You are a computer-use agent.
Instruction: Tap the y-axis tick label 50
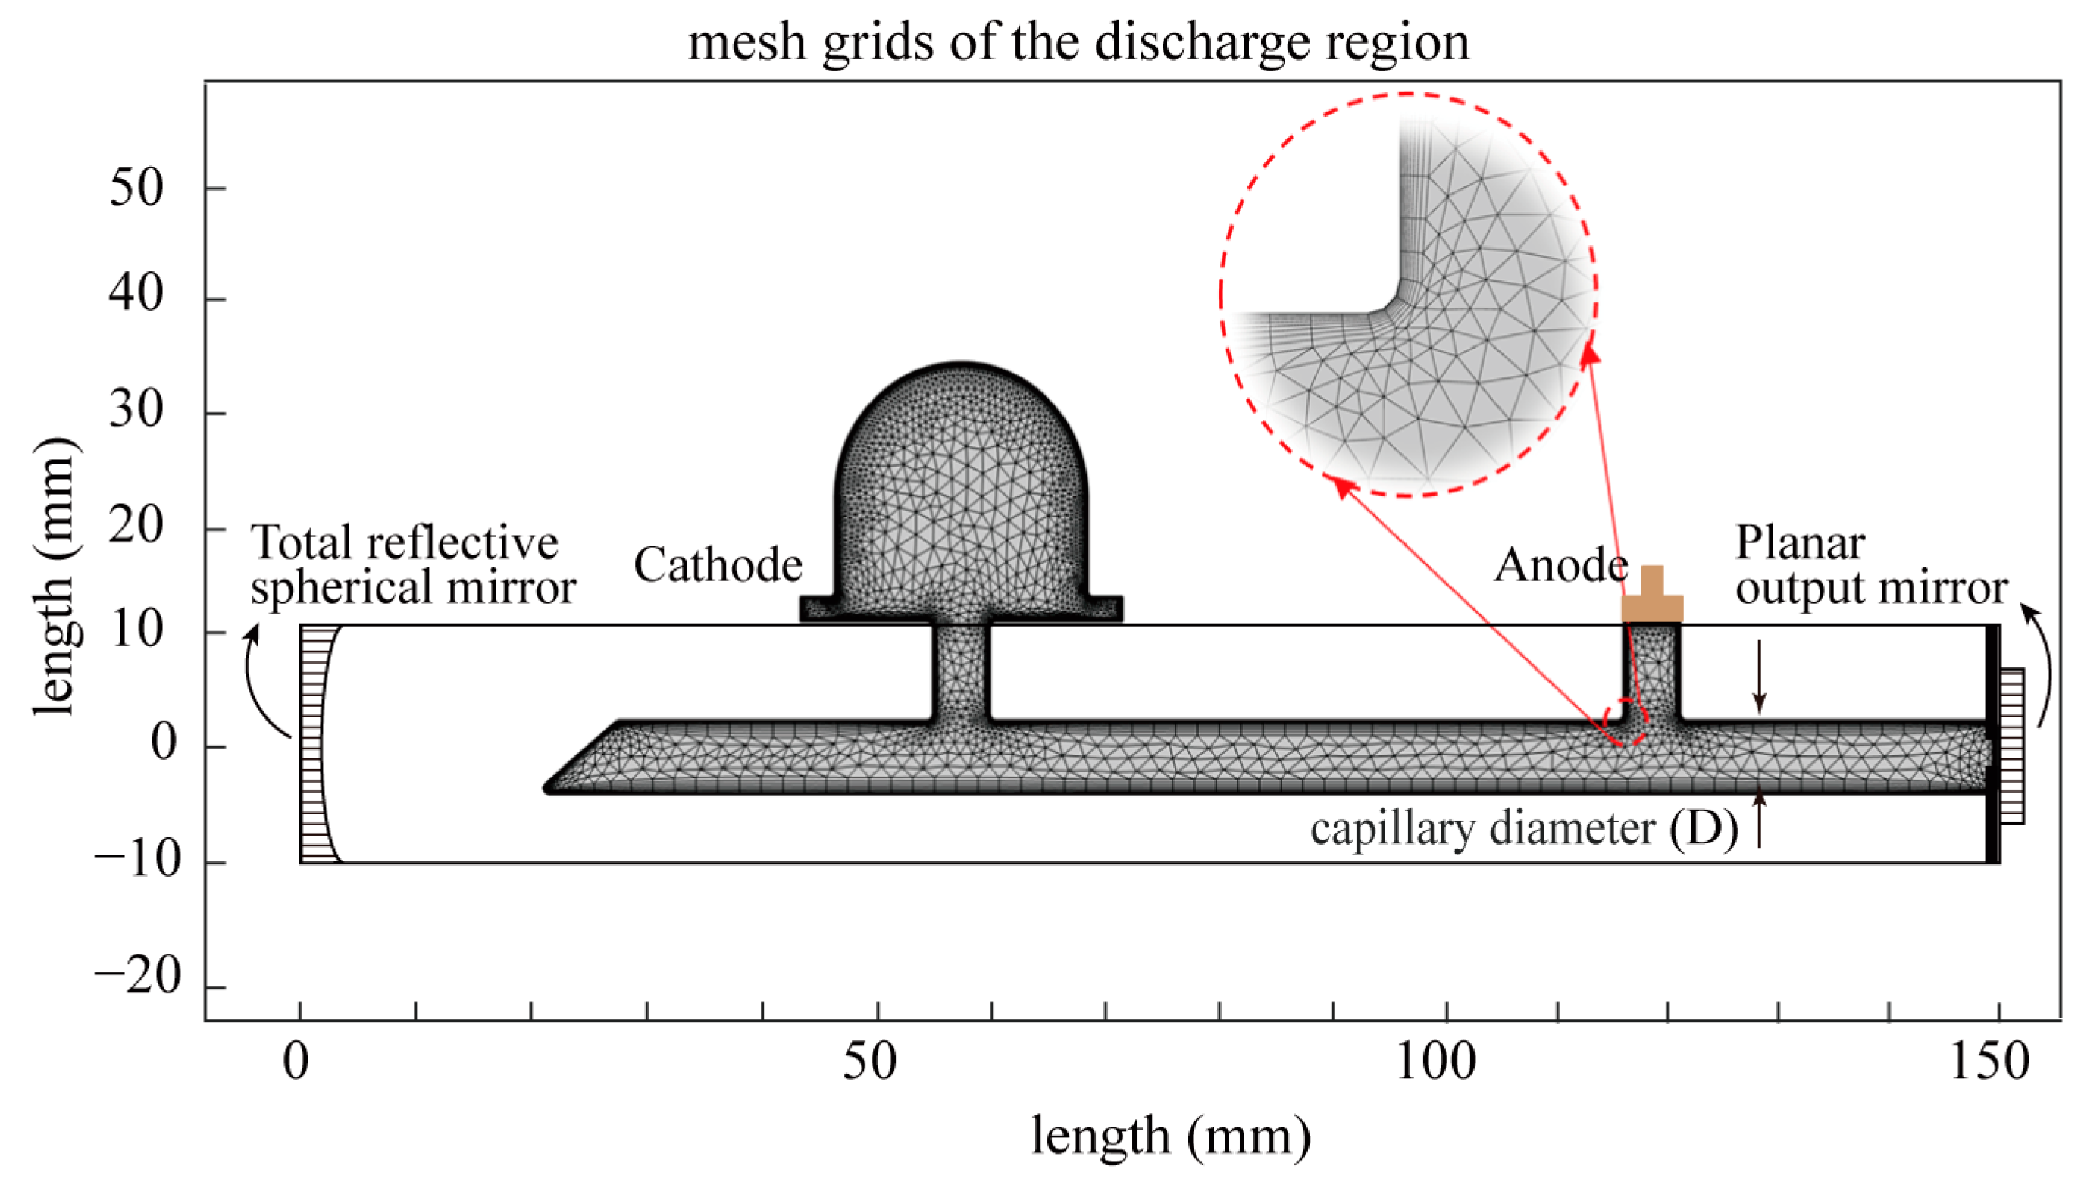coord(136,188)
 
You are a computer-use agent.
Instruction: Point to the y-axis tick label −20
coord(136,975)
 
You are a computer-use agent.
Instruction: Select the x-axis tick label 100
coord(1435,1061)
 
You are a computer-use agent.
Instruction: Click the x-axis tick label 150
coord(1989,1061)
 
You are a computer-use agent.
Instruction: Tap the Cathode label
coord(718,564)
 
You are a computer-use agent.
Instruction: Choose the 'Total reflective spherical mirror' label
coord(412,564)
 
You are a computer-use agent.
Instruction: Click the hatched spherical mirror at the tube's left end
coord(314,743)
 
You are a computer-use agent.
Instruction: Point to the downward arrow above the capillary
coord(1760,677)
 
